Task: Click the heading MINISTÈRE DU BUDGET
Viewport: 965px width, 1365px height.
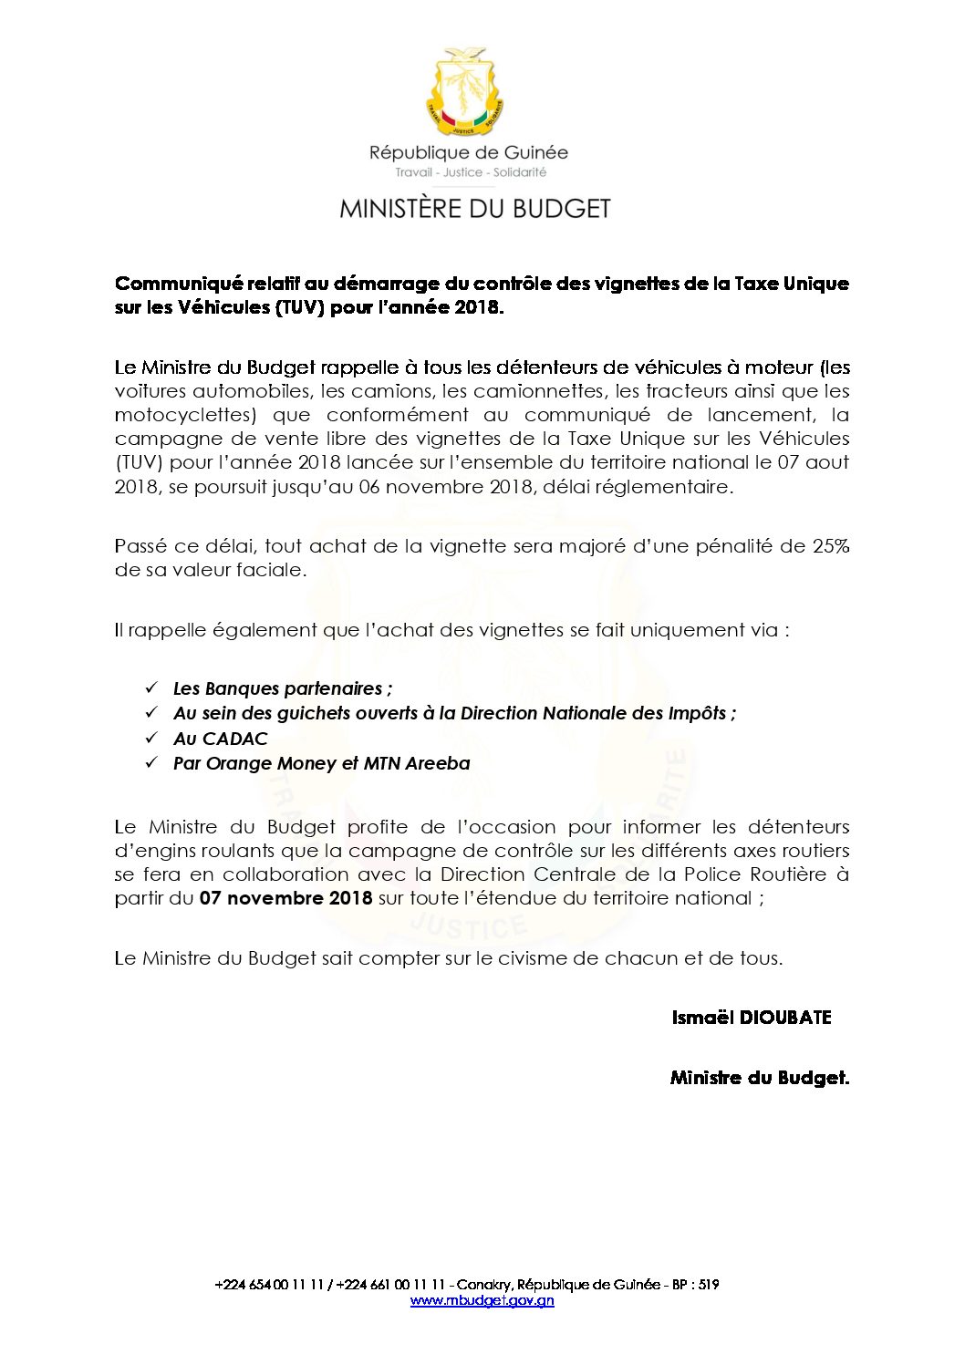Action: [474, 209]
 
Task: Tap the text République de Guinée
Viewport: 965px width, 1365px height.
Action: [468, 152]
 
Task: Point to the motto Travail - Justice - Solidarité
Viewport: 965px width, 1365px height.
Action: [471, 172]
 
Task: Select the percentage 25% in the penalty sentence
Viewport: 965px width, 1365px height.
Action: [830, 546]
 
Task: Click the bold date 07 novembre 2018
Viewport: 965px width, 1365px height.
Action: [285, 898]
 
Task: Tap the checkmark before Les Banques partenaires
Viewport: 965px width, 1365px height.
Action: [151, 688]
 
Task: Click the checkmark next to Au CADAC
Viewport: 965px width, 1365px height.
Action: [151, 738]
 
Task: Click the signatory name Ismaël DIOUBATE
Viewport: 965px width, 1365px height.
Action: [752, 1018]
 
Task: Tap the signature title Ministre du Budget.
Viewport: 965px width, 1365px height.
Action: [759, 1078]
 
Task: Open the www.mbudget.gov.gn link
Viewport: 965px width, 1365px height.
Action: [482, 1300]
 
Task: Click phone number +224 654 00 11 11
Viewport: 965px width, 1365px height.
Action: [269, 1285]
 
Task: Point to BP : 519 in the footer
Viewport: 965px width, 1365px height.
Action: [696, 1285]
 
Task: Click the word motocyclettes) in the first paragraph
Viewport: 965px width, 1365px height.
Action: [187, 415]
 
